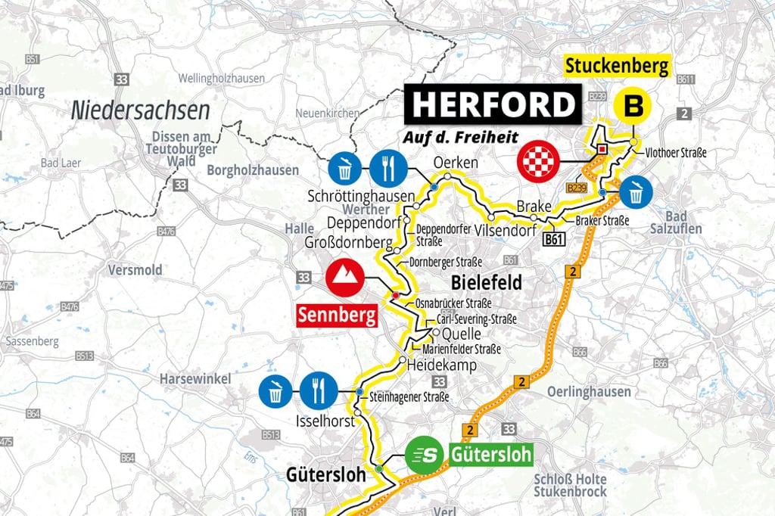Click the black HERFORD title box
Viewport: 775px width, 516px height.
pos(494,105)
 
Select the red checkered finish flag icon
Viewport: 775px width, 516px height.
pos(537,160)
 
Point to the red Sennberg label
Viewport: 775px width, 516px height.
pos(338,315)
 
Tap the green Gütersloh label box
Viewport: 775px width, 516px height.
pos(490,455)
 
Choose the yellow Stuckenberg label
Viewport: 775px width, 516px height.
pos(618,66)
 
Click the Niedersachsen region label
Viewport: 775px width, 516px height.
pos(140,110)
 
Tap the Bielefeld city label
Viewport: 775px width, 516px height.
pos(486,283)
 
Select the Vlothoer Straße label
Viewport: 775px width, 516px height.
pos(676,153)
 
